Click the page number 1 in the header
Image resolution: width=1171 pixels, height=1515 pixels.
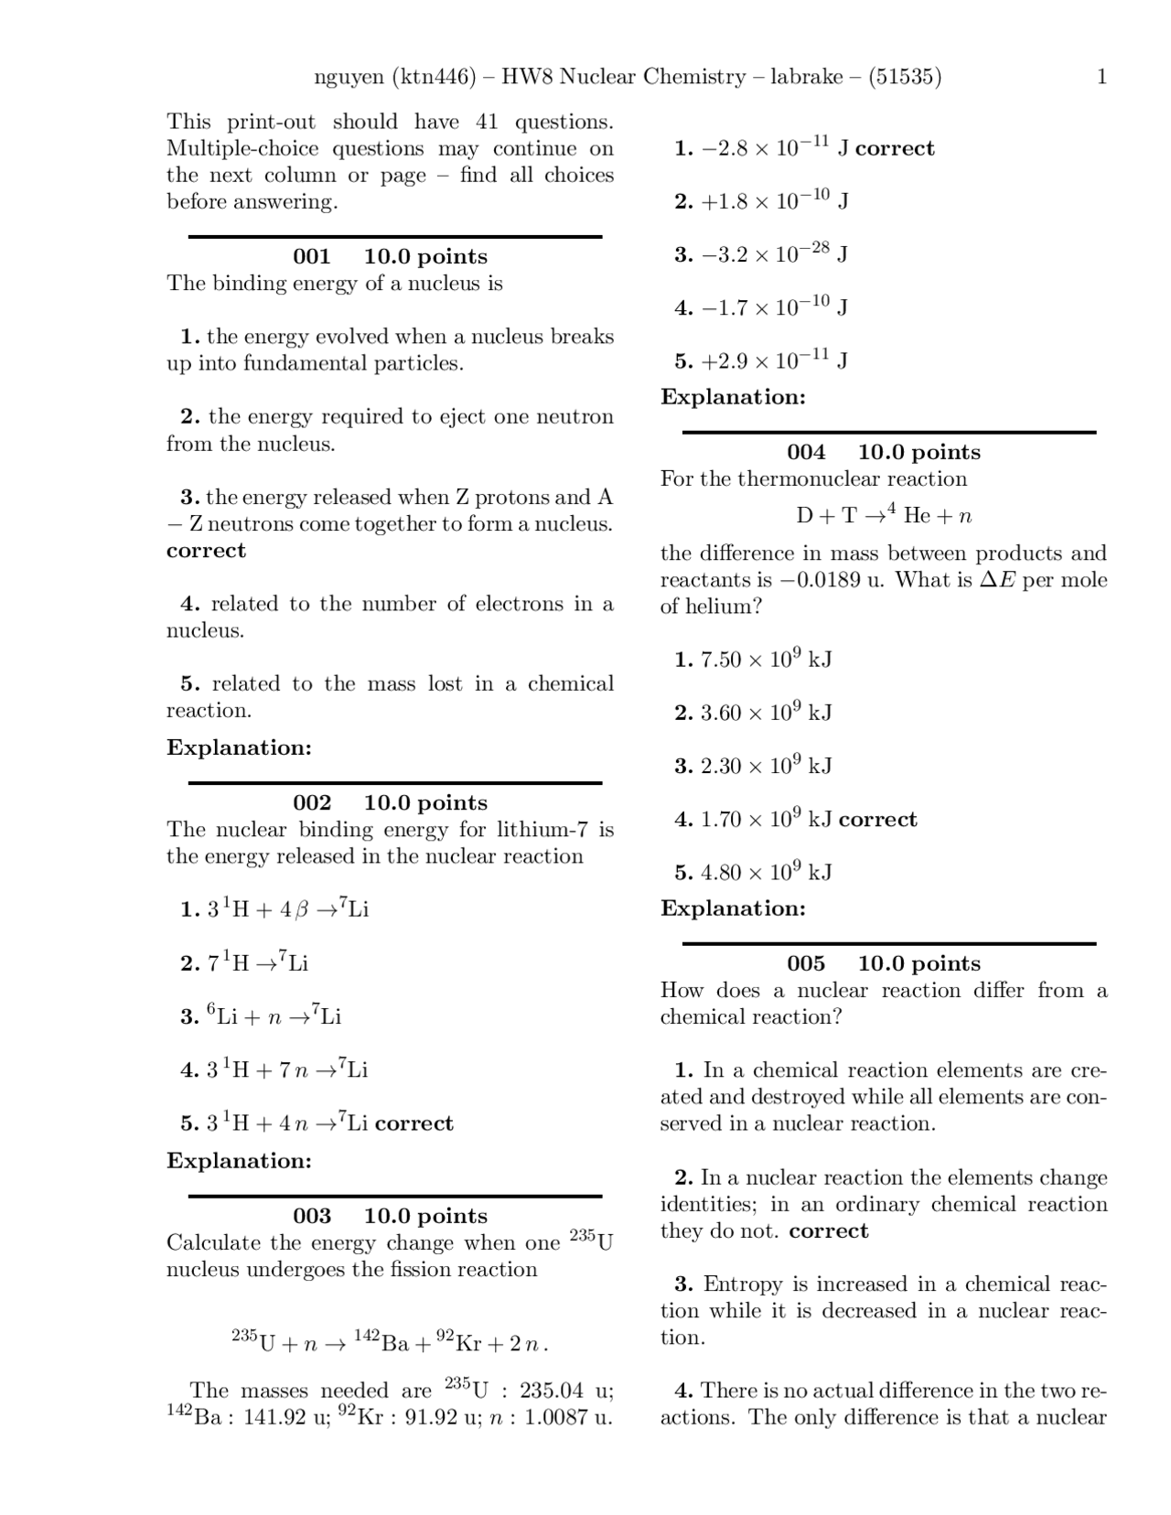coord(1101,77)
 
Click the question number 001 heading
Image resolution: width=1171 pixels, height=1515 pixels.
coord(311,257)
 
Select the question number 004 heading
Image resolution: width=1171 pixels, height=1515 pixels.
coord(805,453)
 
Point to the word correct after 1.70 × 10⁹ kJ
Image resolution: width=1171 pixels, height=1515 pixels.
coord(877,820)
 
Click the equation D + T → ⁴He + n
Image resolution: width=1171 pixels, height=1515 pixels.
coord(883,516)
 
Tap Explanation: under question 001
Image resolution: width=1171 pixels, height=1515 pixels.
coord(239,748)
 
